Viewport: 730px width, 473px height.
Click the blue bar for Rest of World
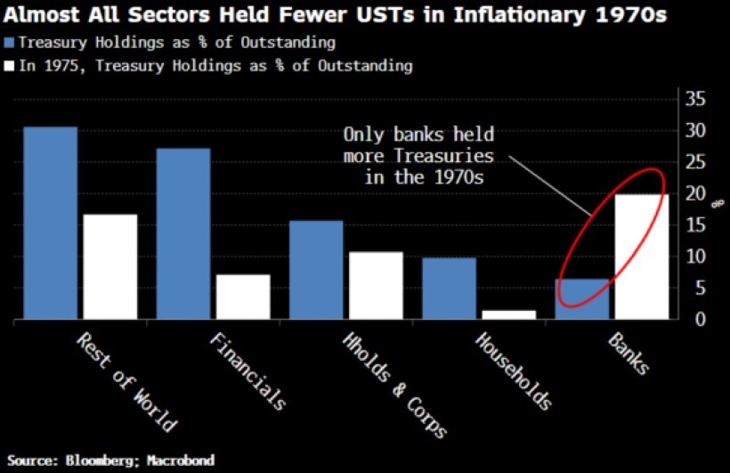50,223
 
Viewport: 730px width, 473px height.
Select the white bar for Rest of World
110,266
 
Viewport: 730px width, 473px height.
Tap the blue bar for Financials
183,233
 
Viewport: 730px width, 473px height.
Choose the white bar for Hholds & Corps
376,285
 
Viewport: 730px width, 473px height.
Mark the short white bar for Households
509,314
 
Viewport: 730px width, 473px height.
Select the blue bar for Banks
582,299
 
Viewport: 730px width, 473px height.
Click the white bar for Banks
642,257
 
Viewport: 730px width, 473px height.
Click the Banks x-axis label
629,355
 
